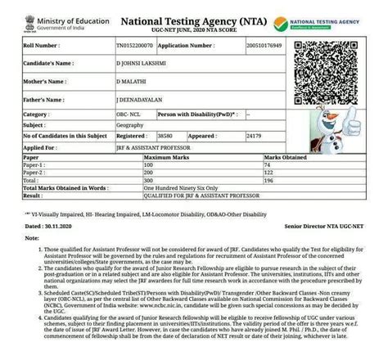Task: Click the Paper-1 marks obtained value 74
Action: pyautogui.click(x=266, y=164)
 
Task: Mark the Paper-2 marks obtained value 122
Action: pyautogui.click(x=268, y=173)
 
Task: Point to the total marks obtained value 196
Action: pyautogui.click(x=268, y=182)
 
